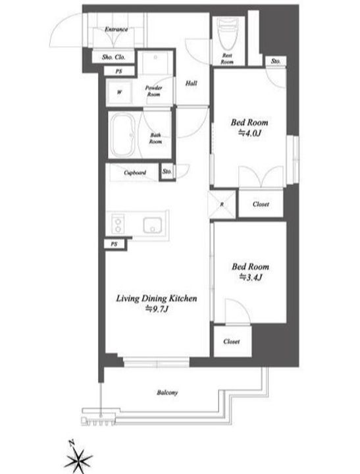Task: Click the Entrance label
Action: click(116, 30)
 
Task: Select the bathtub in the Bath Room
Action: click(122, 135)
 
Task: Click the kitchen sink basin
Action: click(152, 225)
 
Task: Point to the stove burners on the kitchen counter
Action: click(118, 224)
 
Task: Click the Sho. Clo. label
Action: click(113, 57)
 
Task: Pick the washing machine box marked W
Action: click(119, 93)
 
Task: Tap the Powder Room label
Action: click(153, 91)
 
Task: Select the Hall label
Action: click(192, 83)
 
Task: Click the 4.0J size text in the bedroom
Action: click(249, 133)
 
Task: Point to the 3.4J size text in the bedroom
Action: click(251, 277)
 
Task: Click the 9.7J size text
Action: click(157, 309)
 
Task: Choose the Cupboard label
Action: click(135, 172)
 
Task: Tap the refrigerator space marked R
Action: click(222, 204)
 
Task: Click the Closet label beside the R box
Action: click(261, 204)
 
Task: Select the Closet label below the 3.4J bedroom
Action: click(232, 341)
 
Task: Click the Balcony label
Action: click(167, 392)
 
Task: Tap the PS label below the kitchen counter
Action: click(114, 244)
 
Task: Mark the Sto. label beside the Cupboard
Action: click(167, 171)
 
